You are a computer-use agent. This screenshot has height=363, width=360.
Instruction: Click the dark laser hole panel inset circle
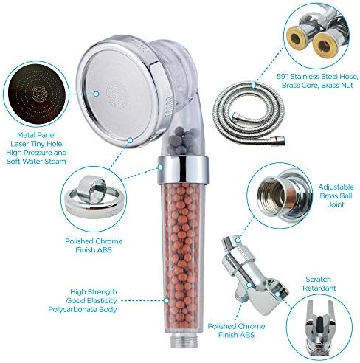(x=35, y=95)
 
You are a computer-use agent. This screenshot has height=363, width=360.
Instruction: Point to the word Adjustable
(x=332, y=187)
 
